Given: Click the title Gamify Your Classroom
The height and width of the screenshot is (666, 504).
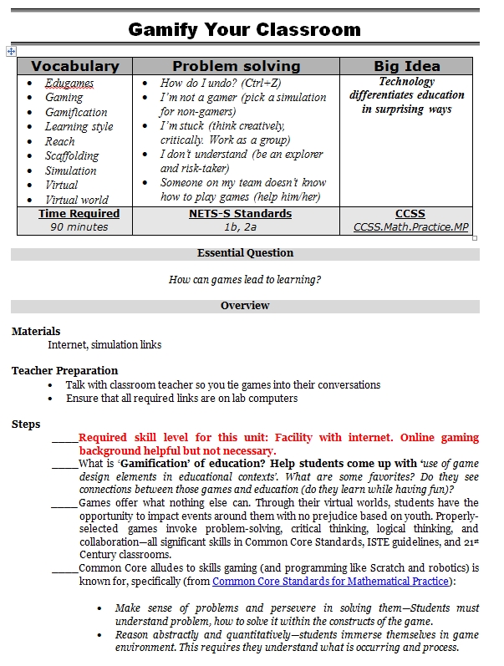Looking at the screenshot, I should (x=244, y=30).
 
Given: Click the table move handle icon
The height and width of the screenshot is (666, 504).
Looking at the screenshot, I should (x=11, y=52).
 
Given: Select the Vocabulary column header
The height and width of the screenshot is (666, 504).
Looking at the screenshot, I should (x=74, y=66).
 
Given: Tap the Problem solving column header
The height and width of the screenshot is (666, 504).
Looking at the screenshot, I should (x=236, y=66).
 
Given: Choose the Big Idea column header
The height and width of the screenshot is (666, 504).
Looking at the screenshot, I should (x=406, y=66).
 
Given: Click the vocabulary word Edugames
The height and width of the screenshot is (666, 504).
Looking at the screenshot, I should (x=69, y=83).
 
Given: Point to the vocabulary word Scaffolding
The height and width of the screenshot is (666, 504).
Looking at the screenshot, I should (x=72, y=155).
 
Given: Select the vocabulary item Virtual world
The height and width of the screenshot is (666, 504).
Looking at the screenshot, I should (x=77, y=200).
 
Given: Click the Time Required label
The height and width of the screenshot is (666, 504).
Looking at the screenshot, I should (x=79, y=214).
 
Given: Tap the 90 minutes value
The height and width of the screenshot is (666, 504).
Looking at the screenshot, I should (x=79, y=226).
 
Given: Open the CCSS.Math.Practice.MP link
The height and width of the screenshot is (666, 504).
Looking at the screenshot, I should (x=410, y=226).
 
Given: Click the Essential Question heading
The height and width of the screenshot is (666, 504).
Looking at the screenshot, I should (x=245, y=253).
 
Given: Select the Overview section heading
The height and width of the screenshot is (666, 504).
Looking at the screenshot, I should (x=245, y=306).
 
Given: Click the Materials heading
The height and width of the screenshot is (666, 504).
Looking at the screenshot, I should (x=36, y=332).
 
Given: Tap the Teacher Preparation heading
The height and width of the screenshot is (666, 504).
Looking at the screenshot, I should (x=64, y=371).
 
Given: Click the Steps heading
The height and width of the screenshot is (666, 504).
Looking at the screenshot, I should (x=26, y=425).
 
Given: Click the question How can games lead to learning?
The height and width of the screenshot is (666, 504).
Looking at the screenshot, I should (x=245, y=280).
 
